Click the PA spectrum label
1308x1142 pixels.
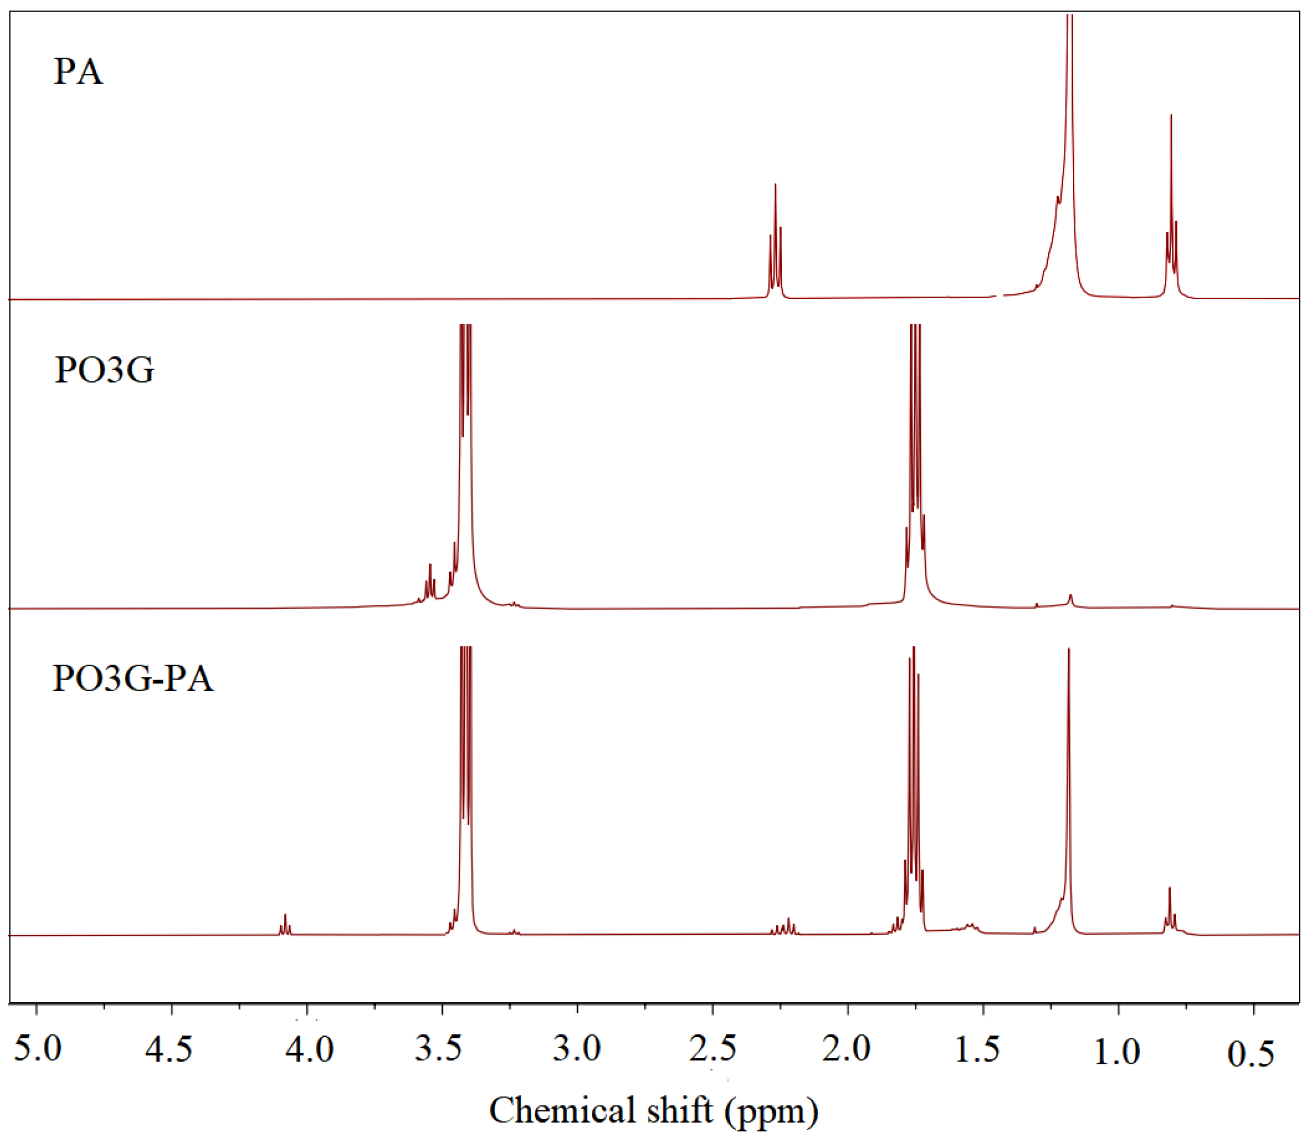pos(78,71)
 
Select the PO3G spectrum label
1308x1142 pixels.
pos(104,369)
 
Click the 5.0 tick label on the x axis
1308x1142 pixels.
pos(38,1048)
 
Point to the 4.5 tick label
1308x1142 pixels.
pos(169,1048)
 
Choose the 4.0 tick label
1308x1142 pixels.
pos(309,1048)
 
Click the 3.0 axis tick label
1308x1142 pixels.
pos(577,1048)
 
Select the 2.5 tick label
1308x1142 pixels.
pos(713,1048)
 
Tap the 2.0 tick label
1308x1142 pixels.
pos(847,1048)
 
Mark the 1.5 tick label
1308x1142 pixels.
pos(977,1048)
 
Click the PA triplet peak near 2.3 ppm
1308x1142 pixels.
pos(775,242)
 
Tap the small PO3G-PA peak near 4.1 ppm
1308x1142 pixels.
pos(285,924)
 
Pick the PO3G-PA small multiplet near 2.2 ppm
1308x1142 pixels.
pos(784,927)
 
